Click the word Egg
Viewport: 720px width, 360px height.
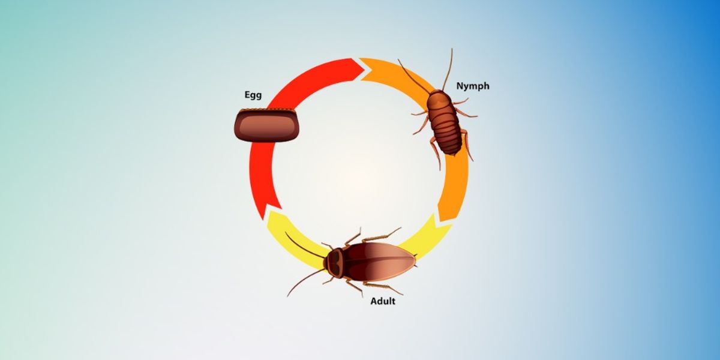[253, 95]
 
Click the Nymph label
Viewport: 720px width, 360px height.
[472, 86]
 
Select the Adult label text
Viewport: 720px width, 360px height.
[382, 301]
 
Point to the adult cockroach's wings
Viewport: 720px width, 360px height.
[384, 262]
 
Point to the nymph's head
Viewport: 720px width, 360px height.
[435, 98]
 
